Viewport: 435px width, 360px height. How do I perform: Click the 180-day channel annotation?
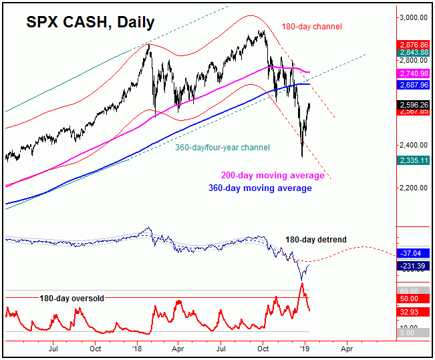(x=313, y=27)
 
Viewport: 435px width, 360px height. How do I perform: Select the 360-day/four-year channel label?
(x=223, y=148)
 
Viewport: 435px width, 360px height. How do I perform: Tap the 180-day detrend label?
(x=316, y=239)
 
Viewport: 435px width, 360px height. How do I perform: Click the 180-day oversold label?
(x=71, y=299)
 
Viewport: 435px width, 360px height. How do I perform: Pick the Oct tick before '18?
(x=95, y=348)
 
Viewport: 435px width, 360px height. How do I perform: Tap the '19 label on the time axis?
(x=305, y=348)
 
